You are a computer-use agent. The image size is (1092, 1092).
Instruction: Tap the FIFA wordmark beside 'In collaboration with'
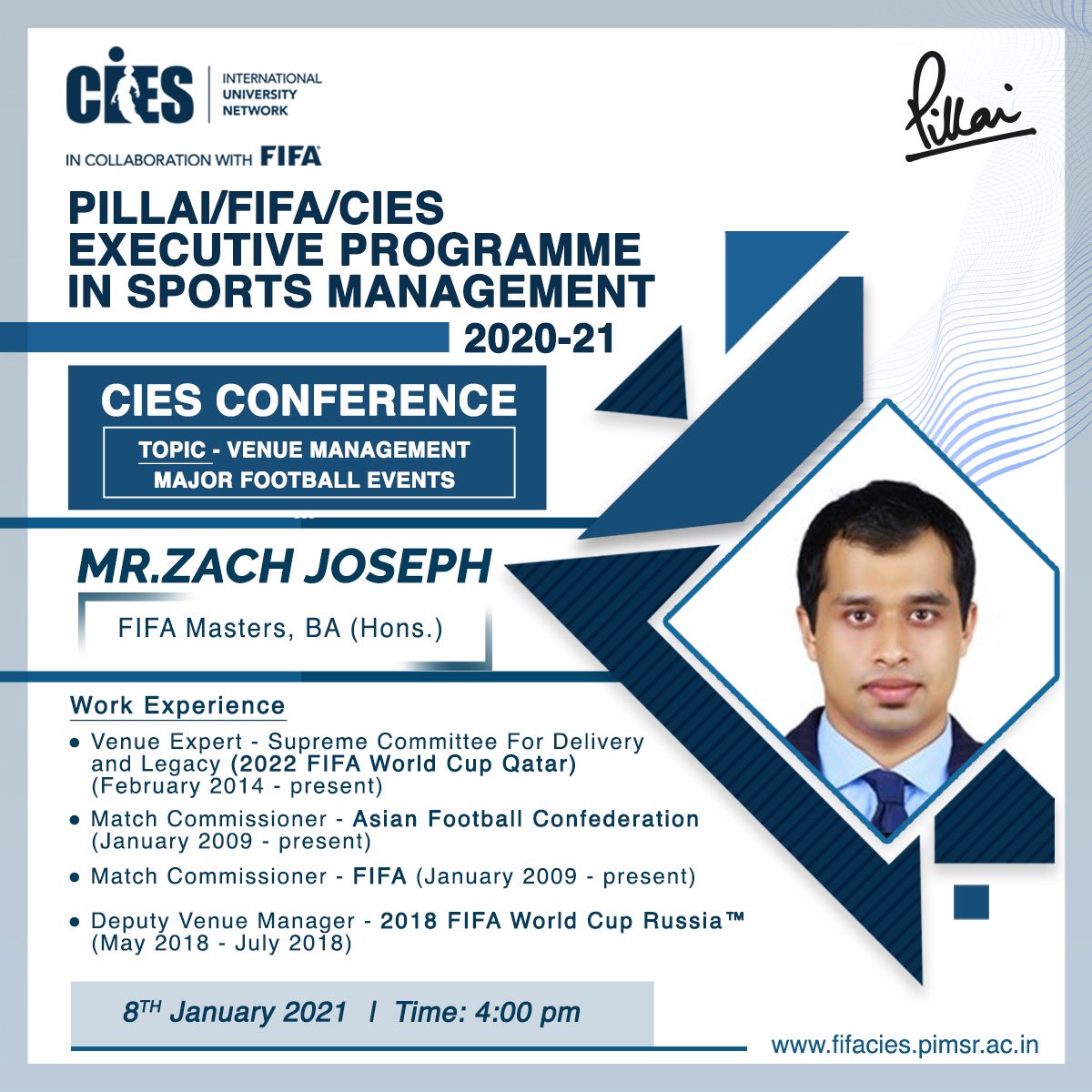[x=291, y=157]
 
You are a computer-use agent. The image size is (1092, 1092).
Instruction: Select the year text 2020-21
[x=540, y=339]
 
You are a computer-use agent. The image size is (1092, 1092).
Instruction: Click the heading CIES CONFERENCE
[x=308, y=401]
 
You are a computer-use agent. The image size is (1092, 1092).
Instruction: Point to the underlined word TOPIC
[x=171, y=450]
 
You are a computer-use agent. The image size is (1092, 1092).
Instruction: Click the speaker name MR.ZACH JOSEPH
[x=284, y=565]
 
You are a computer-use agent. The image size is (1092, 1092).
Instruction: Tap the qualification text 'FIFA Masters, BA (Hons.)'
[x=280, y=629]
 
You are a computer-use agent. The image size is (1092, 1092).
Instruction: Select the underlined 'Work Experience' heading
[x=177, y=706]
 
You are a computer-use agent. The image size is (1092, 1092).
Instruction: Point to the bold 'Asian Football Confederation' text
[x=526, y=819]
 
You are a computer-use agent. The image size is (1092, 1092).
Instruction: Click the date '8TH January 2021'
[x=235, y=1013]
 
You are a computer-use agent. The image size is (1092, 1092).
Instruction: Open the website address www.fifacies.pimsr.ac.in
[x=905, y=1045]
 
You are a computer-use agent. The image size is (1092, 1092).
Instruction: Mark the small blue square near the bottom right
[x=970, y=901]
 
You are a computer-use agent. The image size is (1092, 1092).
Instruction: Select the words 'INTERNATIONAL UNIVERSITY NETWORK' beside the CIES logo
[x=272, y=94]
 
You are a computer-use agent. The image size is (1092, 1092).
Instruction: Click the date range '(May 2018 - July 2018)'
[x=221, y=944]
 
